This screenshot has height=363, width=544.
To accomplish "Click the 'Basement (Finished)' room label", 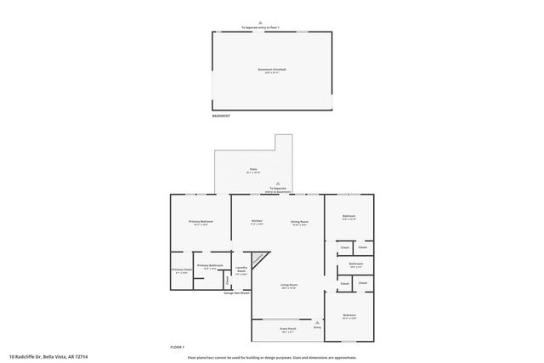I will coord(272,70).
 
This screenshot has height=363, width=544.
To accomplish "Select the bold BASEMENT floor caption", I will coord(220,116).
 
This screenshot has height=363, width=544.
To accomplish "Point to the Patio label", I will coord(253,169).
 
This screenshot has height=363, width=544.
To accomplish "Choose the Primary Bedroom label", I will coord(200,222).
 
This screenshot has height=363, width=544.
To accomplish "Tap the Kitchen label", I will coord(256,222).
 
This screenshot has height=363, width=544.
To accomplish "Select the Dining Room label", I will coord(299,222).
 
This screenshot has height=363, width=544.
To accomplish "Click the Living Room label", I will coord(289,286).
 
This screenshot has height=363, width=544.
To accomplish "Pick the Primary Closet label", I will coord(182,270).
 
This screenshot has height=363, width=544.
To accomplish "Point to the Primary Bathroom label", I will coord(210,266).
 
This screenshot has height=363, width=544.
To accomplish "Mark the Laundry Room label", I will coord(241,270).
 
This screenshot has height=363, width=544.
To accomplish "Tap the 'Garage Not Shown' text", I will coord(236,293).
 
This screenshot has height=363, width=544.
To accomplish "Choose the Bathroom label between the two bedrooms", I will coord(356,264).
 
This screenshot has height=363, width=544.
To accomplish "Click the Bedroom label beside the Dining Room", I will coord(349,217).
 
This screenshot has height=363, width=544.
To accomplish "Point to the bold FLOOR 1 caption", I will coord(177,347).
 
